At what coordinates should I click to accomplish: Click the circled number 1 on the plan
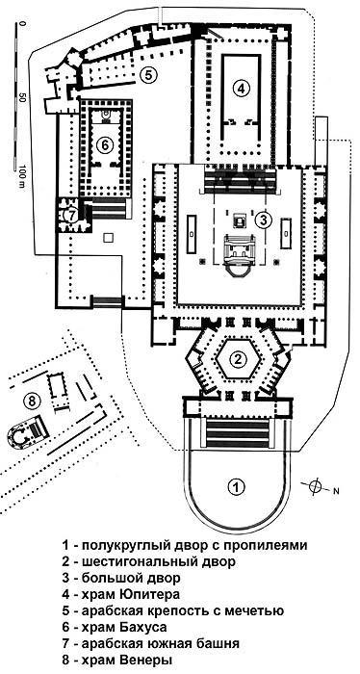pos(233,486)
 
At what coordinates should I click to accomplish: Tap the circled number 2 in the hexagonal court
pos(235,361)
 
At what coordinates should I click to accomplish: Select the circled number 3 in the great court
pos(265,220)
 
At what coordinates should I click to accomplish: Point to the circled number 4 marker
pos(243,88)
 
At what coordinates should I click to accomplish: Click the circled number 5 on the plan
pos(146,74)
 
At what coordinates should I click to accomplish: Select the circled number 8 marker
pos(32,400)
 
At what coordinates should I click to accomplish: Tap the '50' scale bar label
pos(20,97)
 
